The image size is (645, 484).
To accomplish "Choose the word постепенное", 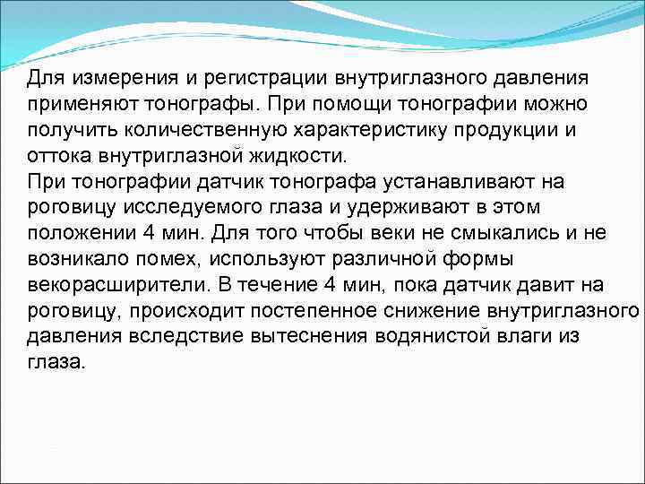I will click(x=320, y=311).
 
